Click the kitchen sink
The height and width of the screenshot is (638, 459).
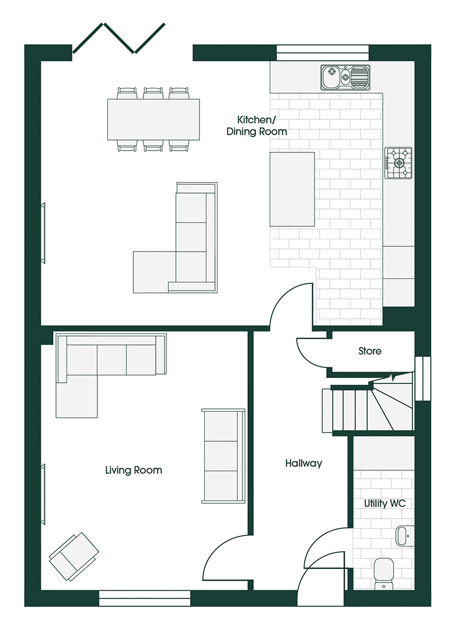tap(345, 77)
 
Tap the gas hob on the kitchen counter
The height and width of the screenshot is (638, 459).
tap(398, 163)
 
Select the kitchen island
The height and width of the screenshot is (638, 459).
tap(292, 189)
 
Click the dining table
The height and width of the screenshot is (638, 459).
tap(153, 119)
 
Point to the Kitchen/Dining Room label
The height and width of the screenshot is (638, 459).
tap(257, 125)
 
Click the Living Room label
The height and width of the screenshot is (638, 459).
tap(134, 470)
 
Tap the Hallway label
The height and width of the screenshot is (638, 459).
tap(303, 463)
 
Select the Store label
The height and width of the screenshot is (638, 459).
tap(370, 351)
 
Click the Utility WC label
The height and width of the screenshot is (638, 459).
tap(385, 503)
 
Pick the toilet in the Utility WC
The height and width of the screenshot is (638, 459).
tap(383, 573)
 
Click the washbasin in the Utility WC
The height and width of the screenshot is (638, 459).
tap(404, 535)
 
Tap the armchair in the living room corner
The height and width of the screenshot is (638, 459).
tap(74, 556)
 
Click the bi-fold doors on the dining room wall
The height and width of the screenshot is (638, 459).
tap(119, 38)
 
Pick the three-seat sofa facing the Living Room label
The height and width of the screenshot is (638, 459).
tap(224, 455)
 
